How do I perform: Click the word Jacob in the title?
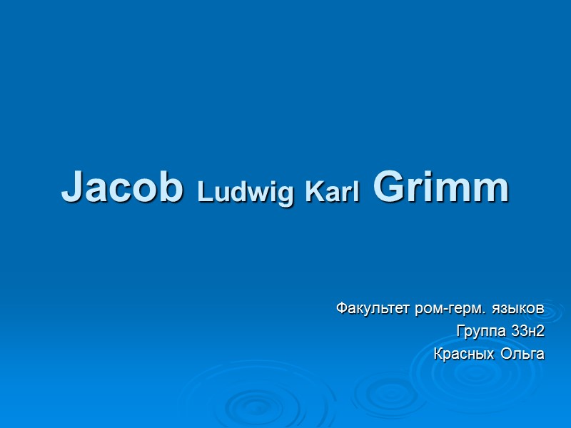click(122, 188)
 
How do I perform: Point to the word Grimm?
click(440, 188)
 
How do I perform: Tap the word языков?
click(519, 310)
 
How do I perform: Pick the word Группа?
click(482, 331)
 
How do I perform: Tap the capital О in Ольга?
click(506, 352)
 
